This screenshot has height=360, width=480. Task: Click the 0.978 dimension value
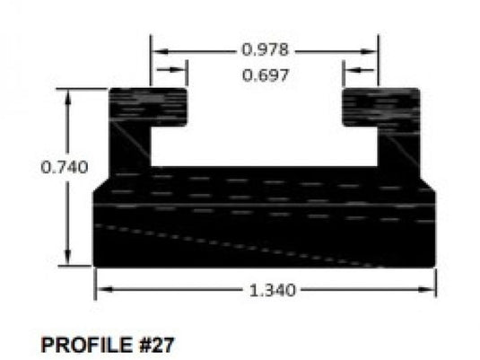coord(265,48)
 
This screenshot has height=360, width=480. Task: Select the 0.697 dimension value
coord(265,75)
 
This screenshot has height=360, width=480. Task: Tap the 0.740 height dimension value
coord(65,167)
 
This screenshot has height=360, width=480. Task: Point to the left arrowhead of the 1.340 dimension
coord(101,289)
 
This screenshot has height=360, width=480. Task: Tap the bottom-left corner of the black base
coord(96,265)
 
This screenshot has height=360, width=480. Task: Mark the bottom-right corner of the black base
coord(435,265)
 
